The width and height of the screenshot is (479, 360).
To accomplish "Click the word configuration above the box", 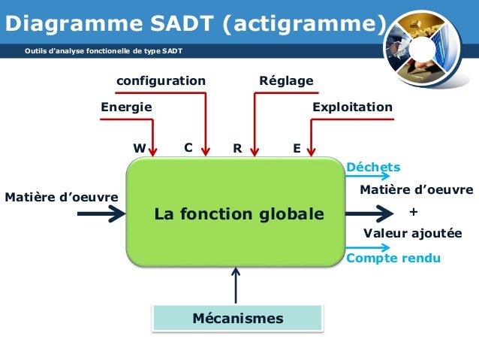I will click(x=160, y=80).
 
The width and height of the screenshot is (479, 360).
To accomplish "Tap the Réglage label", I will click(x=285, y=80).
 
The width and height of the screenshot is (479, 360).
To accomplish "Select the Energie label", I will click(x=126, y=107).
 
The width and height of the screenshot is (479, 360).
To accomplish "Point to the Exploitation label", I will click(x=352, y=107).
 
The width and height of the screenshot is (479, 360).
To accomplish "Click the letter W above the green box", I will click(x=139, y=149).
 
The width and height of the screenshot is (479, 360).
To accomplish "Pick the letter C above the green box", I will click(x=188, y=148).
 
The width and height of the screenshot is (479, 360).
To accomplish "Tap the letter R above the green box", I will click(x=237, y=149).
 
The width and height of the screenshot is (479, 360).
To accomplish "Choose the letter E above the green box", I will click(x=297, y=149).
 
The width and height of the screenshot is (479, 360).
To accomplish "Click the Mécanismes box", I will click(x=238, y=318).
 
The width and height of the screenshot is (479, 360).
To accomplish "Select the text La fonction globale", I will click(x=239, y=214).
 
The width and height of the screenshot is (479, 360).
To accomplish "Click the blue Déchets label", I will click(x=373, y=167).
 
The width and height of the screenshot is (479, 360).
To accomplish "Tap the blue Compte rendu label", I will click(x=393, y=259).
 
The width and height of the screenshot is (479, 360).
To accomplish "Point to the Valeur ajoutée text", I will click(x=412, y=234).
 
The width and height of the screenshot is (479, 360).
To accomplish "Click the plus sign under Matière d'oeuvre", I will click(x=413, y=211).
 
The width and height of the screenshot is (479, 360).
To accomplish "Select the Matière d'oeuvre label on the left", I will click(x=62, y=198).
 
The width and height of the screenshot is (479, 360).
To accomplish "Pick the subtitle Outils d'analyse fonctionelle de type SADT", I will click(x=103, y=51).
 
